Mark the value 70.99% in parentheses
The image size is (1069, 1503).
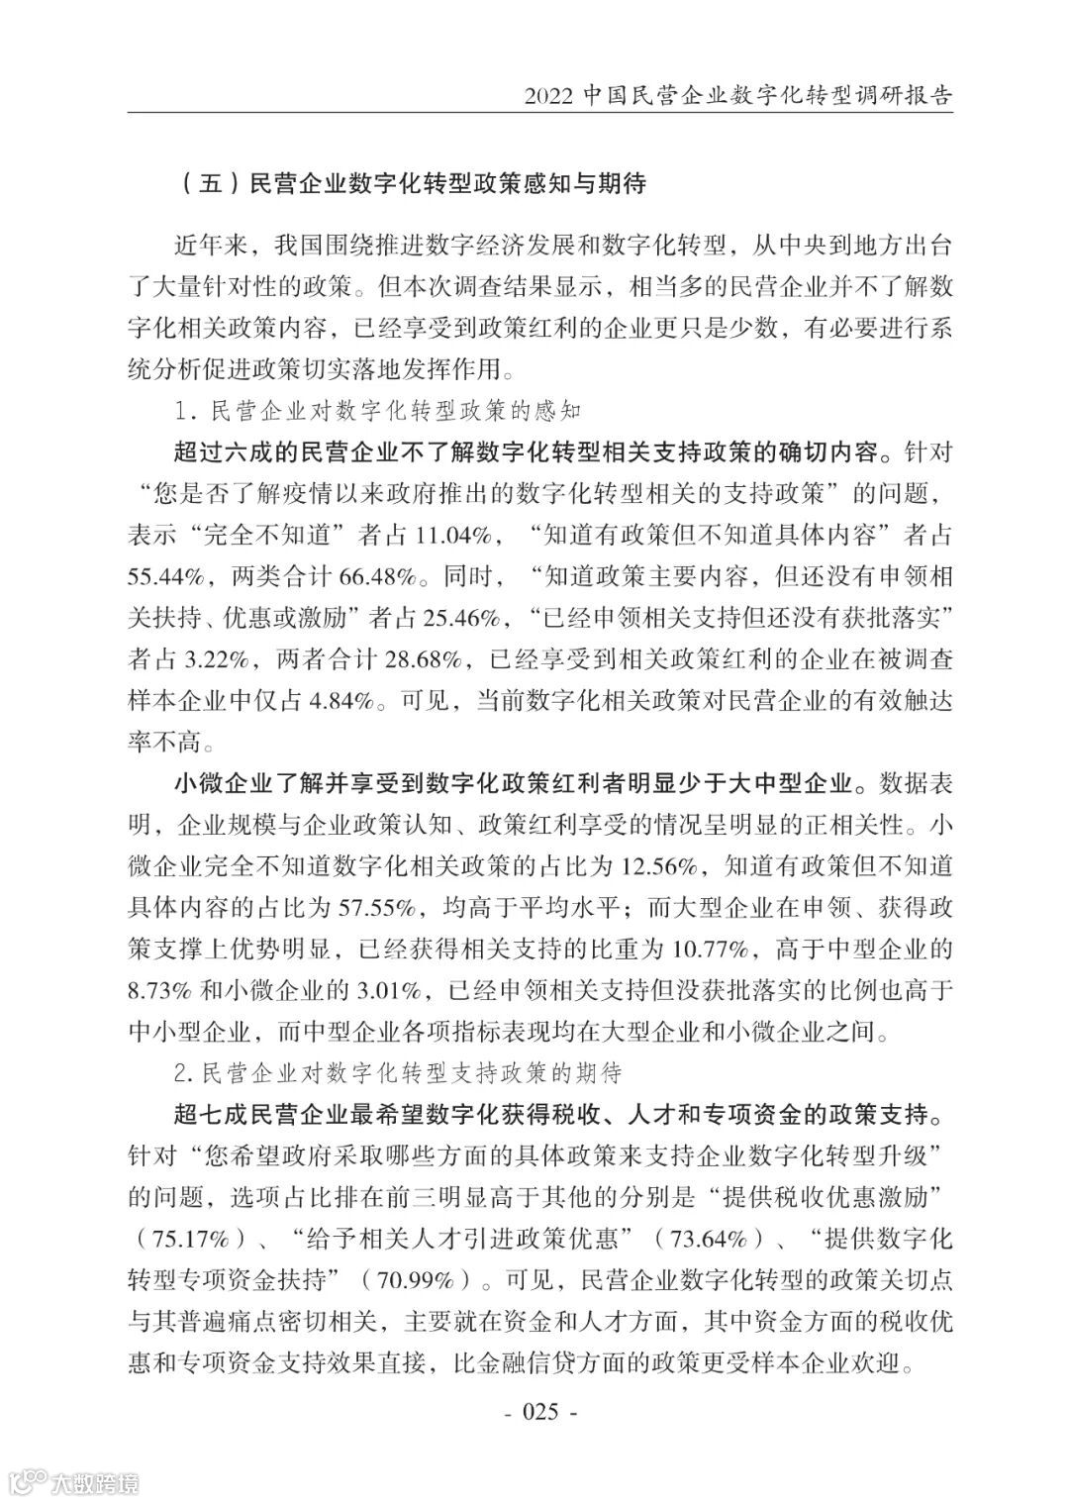click(x=420, y=1280)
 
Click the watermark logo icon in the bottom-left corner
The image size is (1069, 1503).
click(x=27, y=1481)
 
